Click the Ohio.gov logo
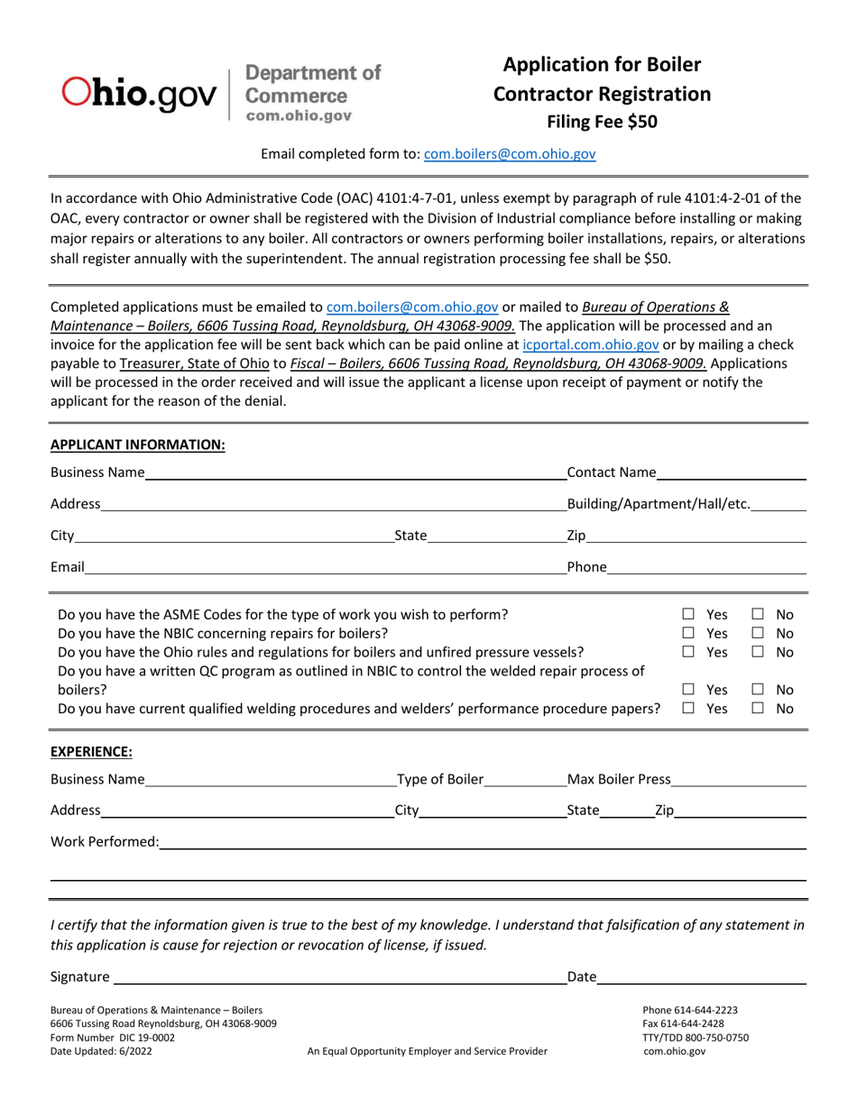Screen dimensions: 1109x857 click(x=139, y=91)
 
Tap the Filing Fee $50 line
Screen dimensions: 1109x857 click(x=602, y=122)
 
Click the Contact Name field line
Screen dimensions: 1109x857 click(x=731, y=473)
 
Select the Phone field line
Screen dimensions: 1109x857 click(x=706, y=568)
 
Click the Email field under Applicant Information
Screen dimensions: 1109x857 click(x=325, y=568)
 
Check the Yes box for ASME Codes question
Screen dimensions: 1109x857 click(x=688, y=615)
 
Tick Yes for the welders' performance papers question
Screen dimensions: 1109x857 click(x=688, y=709)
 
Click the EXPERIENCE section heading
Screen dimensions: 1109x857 click(x=91, y=751)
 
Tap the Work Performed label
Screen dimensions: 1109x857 click(x=105, y=841)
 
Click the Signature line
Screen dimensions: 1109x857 click(x=338, y=977)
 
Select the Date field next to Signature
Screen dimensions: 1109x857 click(x=701, y=977)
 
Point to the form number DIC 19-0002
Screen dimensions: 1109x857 click(x=113, y=1037)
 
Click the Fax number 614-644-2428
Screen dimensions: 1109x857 click(x=683, y=1023)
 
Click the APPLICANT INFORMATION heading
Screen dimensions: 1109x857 click(x=137, y=445)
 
